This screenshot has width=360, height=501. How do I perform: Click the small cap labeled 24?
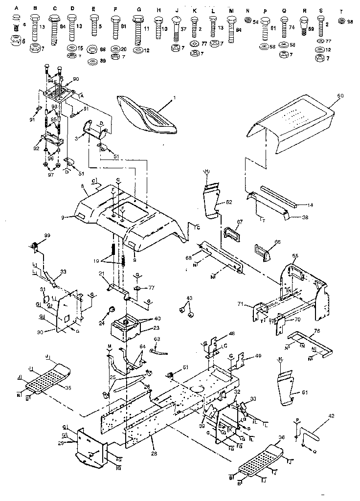pyautogui.click(x=112, y=309)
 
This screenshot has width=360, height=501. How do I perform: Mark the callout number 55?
pyautogui.click(x=294, y=256)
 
